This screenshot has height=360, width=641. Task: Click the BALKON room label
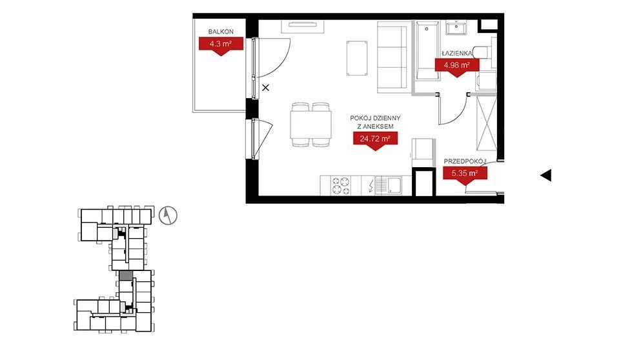[x=221, y=32]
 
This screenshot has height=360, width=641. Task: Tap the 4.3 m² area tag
[x=221, y=45]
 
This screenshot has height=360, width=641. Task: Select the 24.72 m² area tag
[x=375, y=140]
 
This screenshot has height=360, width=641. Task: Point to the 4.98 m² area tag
[x=456, y=66]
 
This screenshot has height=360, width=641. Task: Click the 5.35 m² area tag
[x=465, y=174]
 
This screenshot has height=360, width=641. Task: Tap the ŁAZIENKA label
[x=456, y=54]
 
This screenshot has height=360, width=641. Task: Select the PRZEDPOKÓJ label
[x=465, y=162]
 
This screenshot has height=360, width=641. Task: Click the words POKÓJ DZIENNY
[x=375, y=117]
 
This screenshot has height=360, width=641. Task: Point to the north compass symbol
[x=168, y=215]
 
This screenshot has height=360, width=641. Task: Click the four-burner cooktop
[x=341, y=185]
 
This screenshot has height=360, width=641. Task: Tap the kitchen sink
[x=389, y=186]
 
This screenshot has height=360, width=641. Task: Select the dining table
[x=310, y=125]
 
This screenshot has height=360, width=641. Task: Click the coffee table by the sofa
[x=357, y=58]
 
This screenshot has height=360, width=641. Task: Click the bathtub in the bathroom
[x=427, y=52]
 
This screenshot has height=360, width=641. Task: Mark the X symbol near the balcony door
[x=266, y=88]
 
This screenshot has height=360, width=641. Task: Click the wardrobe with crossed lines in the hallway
[x=487, y=123]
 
